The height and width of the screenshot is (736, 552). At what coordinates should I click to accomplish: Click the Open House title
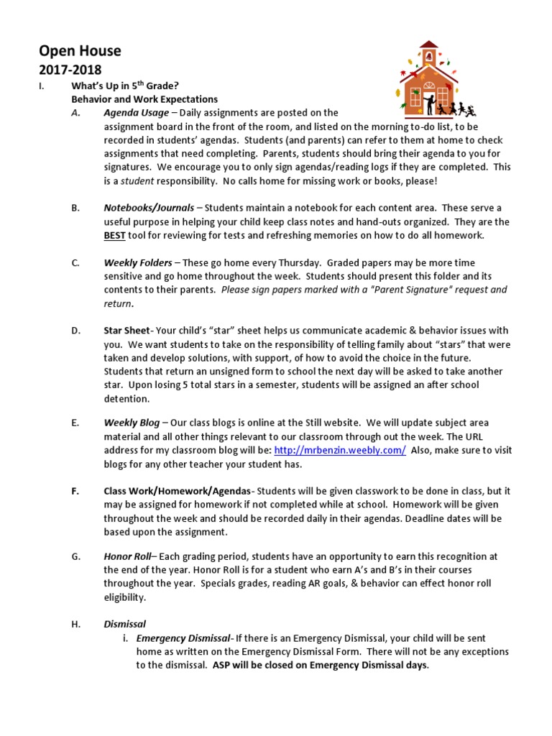click(79, 51)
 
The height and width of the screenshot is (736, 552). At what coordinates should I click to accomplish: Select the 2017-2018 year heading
click(70, 70)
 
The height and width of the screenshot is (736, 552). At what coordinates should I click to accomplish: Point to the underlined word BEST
click(115, 235)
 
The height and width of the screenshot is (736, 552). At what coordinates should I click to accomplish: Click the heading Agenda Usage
click(137, 113)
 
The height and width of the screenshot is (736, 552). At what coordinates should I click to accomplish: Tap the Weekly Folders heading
click(138, 262)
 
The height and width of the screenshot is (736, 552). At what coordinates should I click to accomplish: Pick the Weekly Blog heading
click(132, 423)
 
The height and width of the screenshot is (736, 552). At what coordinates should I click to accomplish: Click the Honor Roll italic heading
click(129, 556)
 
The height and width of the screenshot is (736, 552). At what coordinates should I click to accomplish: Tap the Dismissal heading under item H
click(124, 625)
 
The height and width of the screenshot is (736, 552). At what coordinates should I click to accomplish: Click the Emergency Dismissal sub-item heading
click(183, 638)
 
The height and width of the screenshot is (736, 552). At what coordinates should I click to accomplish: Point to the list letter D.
click(75, 331)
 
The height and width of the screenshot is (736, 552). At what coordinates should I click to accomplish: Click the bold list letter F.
click(75, 491)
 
